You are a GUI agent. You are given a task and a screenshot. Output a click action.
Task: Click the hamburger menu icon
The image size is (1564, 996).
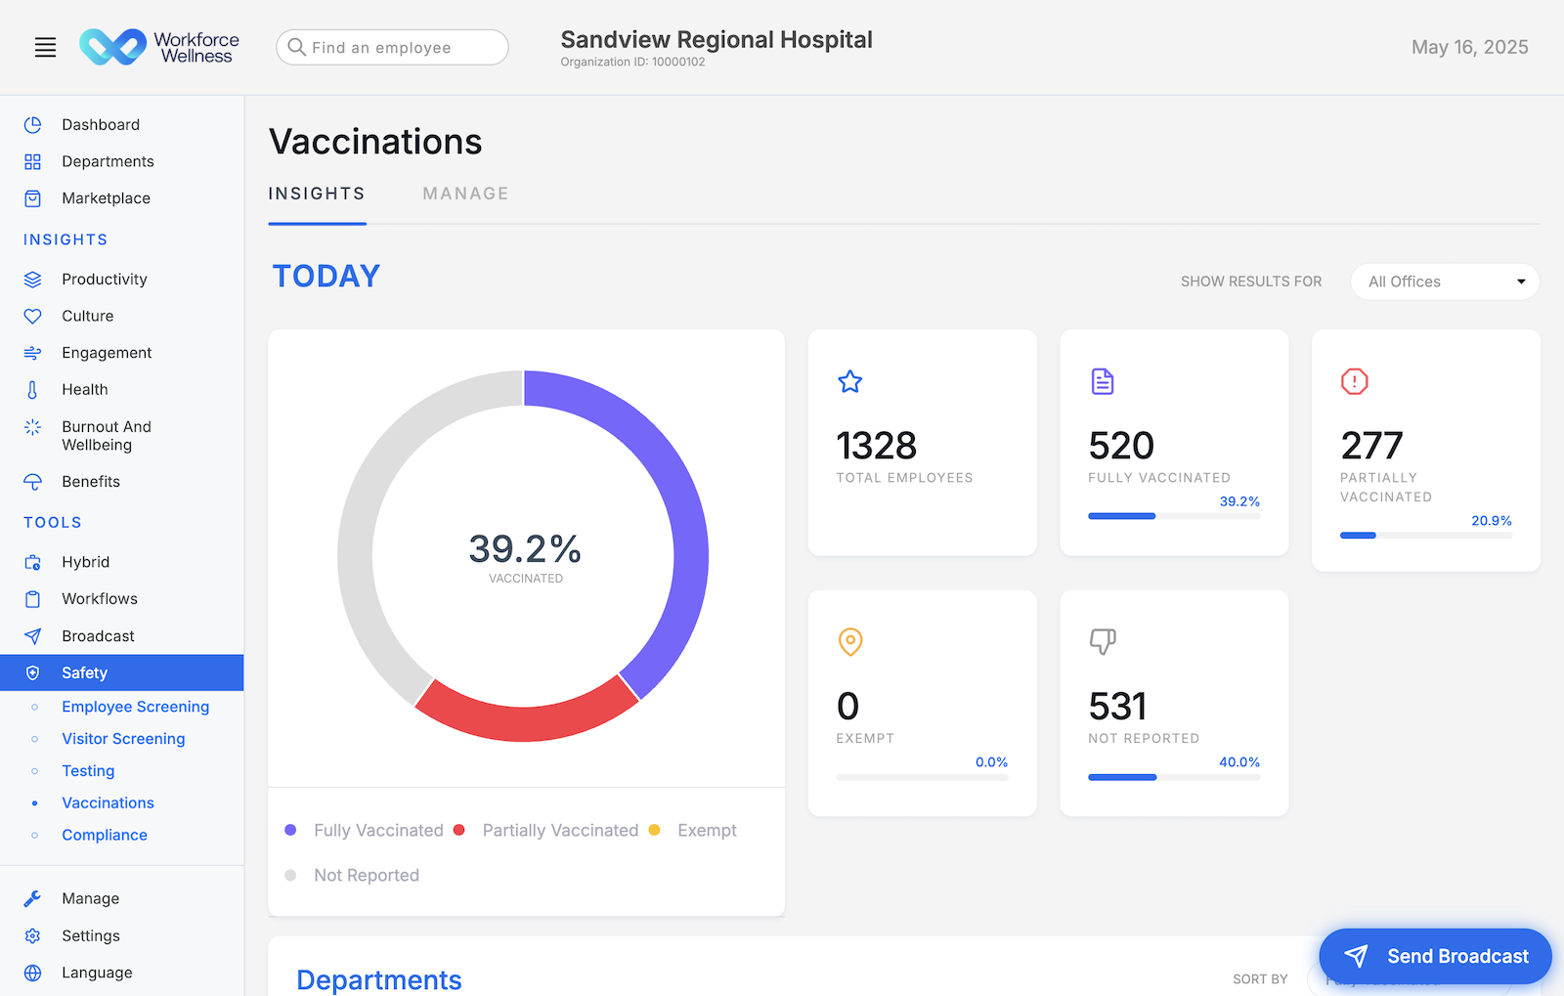[x=45, y=47]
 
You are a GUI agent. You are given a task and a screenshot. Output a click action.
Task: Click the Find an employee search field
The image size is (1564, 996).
[x=392, y=47]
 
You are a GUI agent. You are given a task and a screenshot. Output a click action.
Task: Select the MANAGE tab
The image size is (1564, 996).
[x=465, y=194]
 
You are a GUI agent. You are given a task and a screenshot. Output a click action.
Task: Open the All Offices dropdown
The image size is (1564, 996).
[x=1444, y=281]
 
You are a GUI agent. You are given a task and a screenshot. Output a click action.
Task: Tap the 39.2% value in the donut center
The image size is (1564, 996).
[x=525, y=549]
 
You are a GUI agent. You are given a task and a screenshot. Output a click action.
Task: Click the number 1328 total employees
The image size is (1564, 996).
[x=876, y=447]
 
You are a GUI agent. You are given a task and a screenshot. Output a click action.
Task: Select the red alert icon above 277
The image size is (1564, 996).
[x=1354, y=381]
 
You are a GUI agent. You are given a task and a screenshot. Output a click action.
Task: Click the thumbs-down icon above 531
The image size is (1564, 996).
[x=1103, y=641]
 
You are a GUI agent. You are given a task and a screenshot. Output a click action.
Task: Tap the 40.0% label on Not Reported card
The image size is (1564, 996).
[x=1238, y=762]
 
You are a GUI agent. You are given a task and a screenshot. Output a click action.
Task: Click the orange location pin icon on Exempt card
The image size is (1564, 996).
[x=850, y=641]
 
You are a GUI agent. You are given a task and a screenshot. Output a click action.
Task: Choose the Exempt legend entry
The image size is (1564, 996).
[x=706, y=831]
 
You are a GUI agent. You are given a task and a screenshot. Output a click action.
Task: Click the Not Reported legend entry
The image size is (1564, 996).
[x=366, y=876]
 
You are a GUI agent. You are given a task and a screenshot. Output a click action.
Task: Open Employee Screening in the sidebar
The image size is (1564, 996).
[x=135, y=707]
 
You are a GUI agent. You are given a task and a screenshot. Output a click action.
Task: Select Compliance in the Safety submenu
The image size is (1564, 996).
[x=105, y=835]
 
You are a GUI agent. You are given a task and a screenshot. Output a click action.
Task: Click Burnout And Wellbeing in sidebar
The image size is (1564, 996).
[x=106, y=436]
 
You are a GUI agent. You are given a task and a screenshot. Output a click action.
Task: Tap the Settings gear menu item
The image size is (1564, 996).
[x=90, y=935]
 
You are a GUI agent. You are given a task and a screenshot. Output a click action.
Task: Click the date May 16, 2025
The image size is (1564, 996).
[x=1469, y=47]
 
